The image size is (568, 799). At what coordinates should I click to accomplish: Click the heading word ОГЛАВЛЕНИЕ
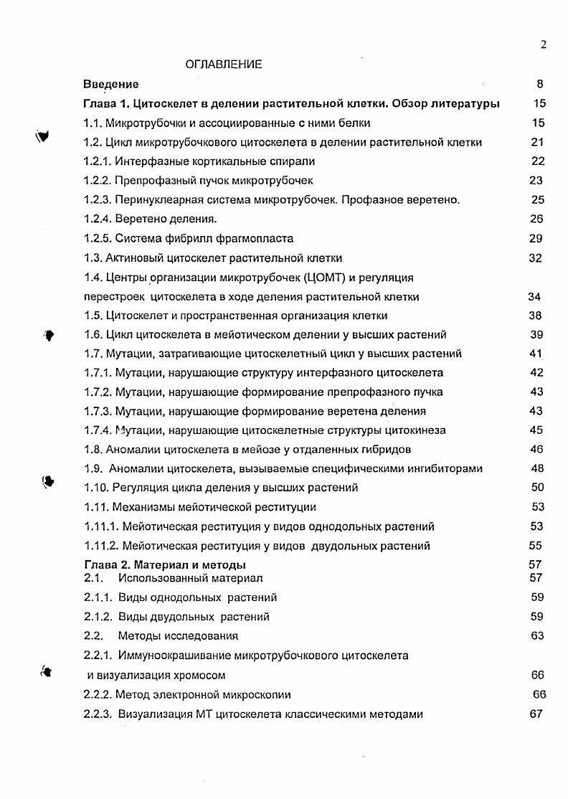click(x=223, y=65)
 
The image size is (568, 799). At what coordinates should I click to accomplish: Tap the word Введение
click(x=111, y=84)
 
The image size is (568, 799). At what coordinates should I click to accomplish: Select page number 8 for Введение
click(x=539, y=84)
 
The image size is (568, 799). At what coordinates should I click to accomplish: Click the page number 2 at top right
click(x=544, y=45)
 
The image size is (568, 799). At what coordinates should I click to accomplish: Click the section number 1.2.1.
click(x=99, y=161)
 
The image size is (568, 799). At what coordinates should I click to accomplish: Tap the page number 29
click(x=536, y=239)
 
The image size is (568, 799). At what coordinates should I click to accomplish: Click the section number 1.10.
click(x=98, y=488)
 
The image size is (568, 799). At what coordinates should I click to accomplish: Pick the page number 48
click(x=536, y=468)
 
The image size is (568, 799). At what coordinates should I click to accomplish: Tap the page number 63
click(x=537, y=635)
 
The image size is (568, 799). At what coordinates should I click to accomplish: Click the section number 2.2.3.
click(x=99, y=714)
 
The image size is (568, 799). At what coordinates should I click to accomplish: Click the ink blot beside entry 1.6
click(x=49, y=334)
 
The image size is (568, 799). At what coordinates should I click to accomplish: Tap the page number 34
click(x=534, y=297)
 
